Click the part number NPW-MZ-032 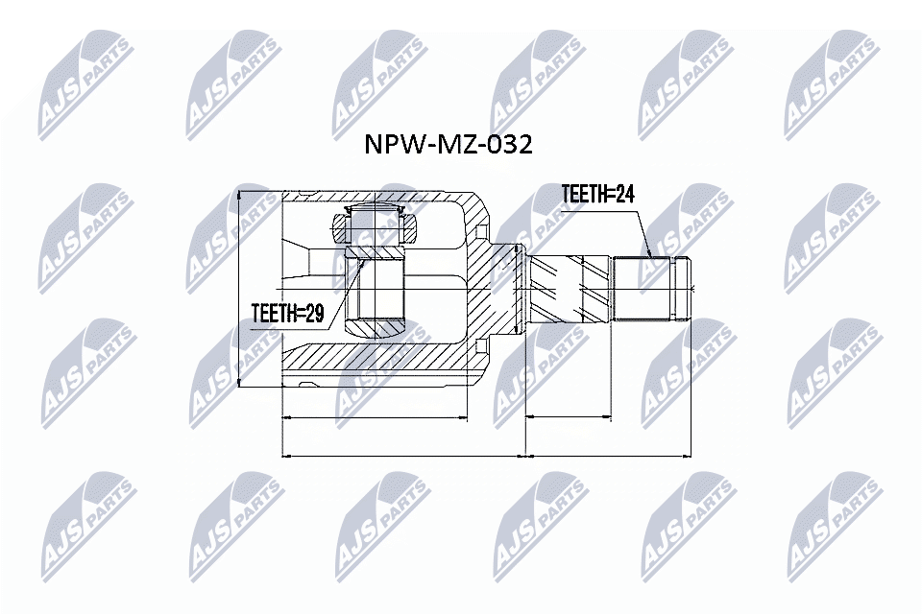coord(447,145)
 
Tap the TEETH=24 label coord(597,195)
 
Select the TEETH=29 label coord(286,313)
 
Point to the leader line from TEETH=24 coord(641,231)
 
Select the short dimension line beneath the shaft coord(569,417)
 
